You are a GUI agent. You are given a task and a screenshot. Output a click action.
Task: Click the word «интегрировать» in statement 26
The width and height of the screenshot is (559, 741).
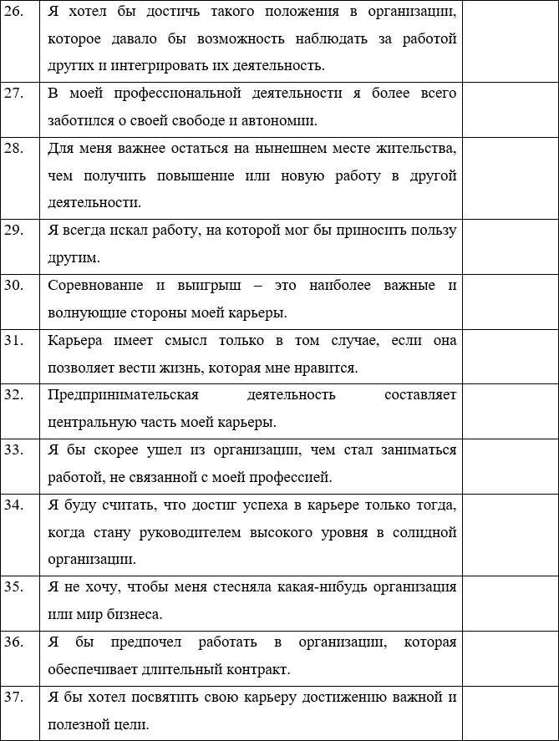click(166, 65)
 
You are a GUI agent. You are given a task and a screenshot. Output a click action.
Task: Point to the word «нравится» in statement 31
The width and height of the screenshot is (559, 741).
click(331, 367)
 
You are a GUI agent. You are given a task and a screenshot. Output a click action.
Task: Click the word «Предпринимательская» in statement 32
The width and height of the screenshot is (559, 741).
click(123, 394)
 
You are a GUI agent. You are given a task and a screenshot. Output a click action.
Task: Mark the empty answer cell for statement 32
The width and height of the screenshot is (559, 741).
click(509, 408)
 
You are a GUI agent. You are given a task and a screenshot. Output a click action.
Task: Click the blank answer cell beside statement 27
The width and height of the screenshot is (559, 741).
click(509, 106)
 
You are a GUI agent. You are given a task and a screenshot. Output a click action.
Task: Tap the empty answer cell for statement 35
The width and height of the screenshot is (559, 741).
click(509, 600)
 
